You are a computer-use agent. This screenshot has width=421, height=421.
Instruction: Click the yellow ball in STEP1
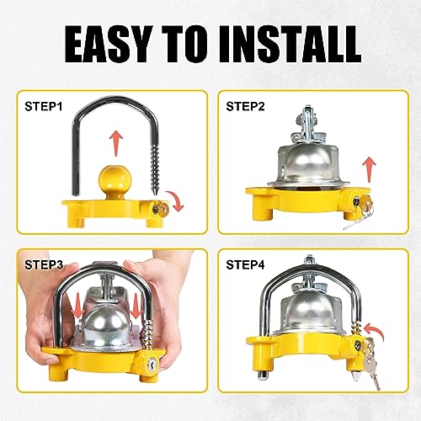pyautogui.click(x=111, y=179)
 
